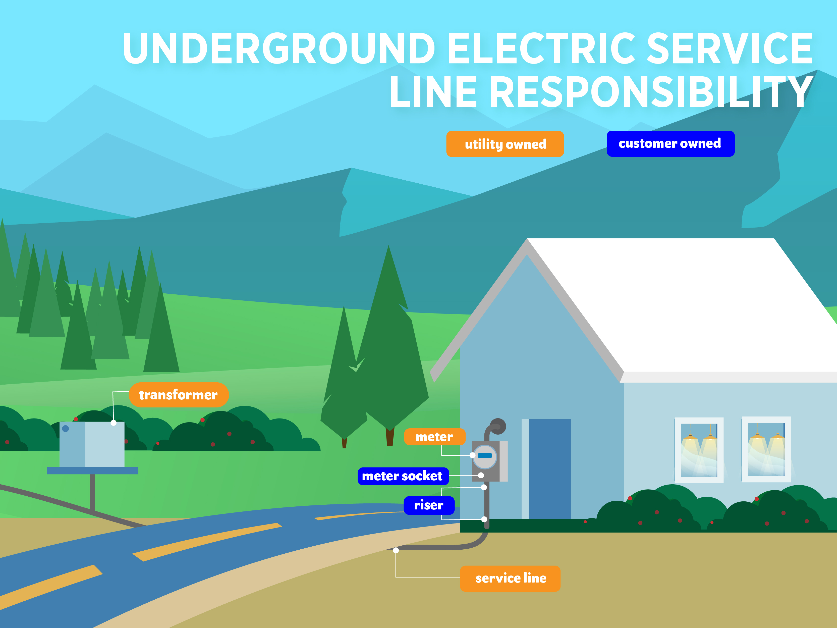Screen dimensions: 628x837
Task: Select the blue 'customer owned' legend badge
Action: click(x=670, y=143)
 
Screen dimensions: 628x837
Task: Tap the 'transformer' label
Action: click(x=179, y=395)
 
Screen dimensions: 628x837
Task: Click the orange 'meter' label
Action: click(x=434, y=437)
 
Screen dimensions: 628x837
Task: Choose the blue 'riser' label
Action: click(x=429, y=505)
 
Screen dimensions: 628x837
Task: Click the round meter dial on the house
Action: click(x=485, y=456)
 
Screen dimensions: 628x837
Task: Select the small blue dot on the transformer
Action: click(x=66, y=429)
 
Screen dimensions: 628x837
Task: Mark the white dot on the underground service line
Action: click(x=396, y=550)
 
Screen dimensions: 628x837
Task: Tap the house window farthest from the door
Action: click(x=766, y=449)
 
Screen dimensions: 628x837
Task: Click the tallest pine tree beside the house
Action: click(x=390, y=341)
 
